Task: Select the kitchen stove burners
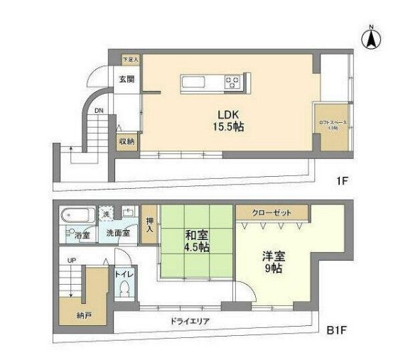234,82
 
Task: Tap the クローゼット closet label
273,212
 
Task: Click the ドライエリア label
189,321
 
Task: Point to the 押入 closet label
149,224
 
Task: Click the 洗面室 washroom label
117,233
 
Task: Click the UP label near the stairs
71,261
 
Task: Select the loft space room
332,126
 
